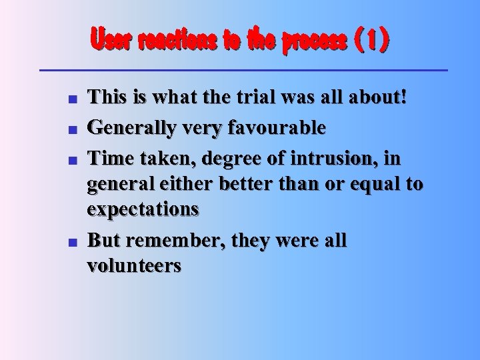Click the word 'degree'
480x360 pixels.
tap(241, 156)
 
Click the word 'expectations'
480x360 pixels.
tap(143, 210)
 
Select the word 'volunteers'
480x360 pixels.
tap(134, 266)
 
